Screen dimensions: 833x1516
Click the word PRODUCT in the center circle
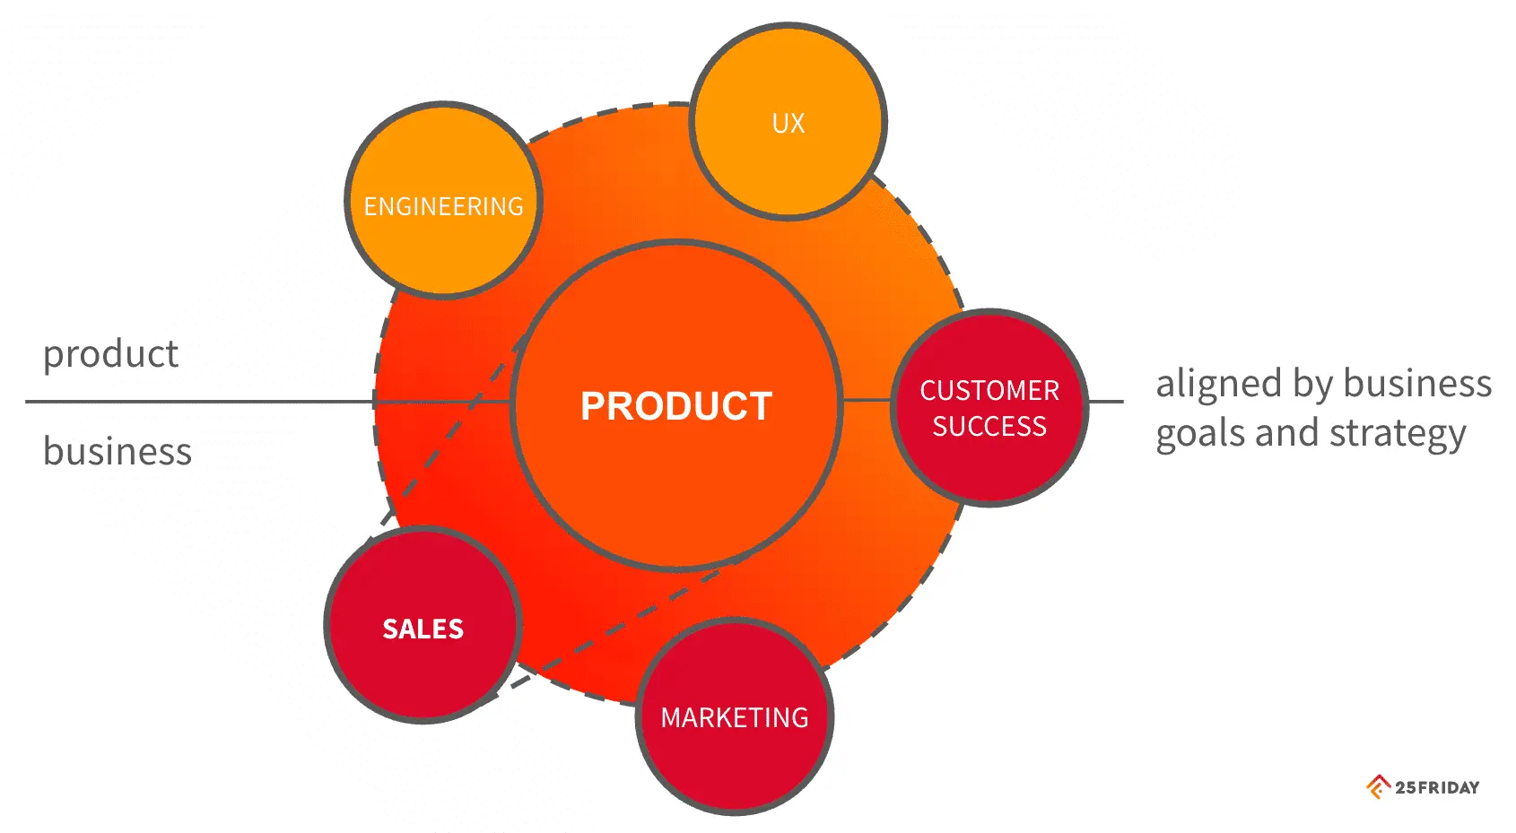click(x=675, y=406)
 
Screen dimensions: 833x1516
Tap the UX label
click(x=788, y=124)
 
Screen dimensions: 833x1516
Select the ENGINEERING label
click(x=443, y=207)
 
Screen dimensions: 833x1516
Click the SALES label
click(x=423, y=629)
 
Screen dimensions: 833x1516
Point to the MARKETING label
click(x=735, y=717)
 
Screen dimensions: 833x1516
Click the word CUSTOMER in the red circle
click(x=989, y=391)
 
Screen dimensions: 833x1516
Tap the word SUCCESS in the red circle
click(x=989, y=426)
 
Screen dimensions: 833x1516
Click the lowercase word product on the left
click(x=110, y=354)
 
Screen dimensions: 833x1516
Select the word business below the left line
click(x=118, y=451)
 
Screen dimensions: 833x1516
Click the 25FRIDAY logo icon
click(x=1378, y=786)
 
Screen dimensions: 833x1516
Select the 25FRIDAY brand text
click(x=1437, y=787)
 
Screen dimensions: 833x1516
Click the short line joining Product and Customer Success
click(x=867, y=401)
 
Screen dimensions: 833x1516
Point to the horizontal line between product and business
click(x=197, y=402)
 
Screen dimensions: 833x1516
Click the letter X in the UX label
click(x=797, y=124)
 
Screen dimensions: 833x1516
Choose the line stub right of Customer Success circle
click(x=1105, y=402)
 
